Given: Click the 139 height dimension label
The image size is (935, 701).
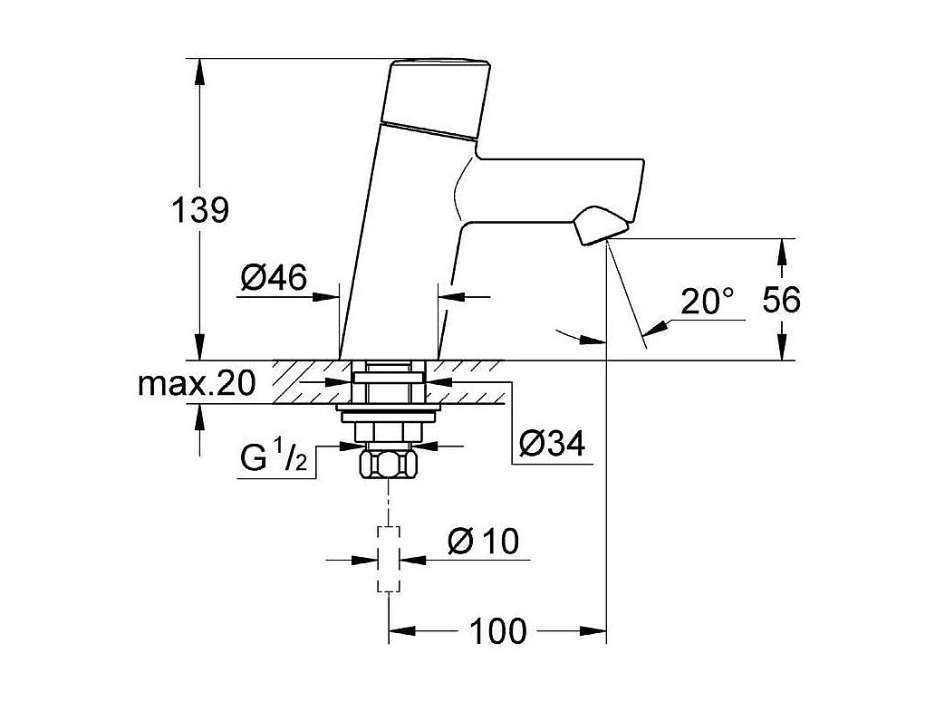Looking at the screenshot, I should (200, 210).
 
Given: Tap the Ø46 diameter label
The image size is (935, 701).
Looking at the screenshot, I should (275, 278).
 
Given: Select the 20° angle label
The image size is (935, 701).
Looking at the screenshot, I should (707, 302).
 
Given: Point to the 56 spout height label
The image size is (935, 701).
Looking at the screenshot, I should (781, 299).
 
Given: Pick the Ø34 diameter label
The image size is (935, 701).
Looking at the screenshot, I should (553, 444).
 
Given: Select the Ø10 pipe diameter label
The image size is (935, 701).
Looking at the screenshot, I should (483, 542).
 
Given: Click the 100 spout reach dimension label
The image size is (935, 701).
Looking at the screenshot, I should (497, 631).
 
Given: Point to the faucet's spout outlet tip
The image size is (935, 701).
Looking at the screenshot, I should (599, 226).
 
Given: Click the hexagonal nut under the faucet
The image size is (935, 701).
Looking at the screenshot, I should (389, 466).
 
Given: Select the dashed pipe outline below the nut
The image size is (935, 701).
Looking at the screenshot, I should (389, 559).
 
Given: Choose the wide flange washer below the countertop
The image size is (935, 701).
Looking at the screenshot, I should (389, 413).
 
